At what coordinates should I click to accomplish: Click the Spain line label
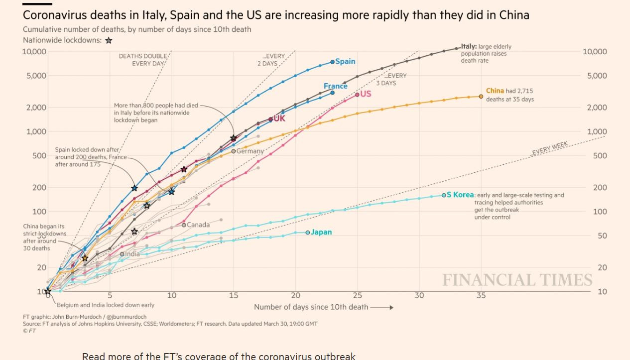point(345,61)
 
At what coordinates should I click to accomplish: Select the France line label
point(335,86)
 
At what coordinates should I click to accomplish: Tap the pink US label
point(366,94)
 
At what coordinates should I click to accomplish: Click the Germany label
point(250,151)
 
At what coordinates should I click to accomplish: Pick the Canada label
point(198,225)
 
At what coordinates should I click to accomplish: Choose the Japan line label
point(321,232)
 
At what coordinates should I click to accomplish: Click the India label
point(132,254)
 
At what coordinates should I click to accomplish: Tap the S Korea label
point(460,195)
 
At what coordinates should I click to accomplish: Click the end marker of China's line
point(481,96)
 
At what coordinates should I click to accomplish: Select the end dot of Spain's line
point(332,62)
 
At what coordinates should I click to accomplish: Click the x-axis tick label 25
point(357,295)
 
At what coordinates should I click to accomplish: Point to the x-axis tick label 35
point(481,295)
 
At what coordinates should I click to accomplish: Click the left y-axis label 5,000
point(34,76)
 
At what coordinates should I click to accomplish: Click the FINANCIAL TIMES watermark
point(517,280)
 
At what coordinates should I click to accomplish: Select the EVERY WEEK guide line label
point(550,148)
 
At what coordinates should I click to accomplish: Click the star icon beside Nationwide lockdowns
point(109,41)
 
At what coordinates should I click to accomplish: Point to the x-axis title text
point(311,307)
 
